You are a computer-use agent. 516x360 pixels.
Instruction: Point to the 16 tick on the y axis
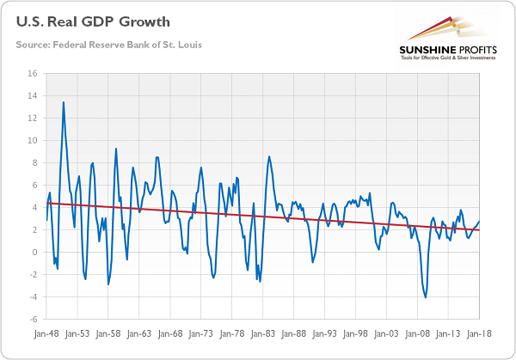click(x=34, y=73)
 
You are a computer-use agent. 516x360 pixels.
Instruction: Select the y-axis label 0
click(x=35, y=253)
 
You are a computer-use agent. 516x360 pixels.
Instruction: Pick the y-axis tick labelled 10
click(x=34, y=140)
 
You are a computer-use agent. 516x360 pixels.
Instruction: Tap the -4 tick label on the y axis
click(x=34, y=297)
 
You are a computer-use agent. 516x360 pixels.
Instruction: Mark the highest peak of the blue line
click(x=63, y=102)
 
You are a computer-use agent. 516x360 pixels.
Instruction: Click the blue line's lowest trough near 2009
click(x=426, y=297)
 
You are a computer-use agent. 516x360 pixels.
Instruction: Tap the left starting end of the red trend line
click(x=46, y=203)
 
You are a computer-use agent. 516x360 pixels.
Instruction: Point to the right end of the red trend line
click(x=481, y=229)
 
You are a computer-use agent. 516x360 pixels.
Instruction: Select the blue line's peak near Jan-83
click(x=269, y=156)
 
